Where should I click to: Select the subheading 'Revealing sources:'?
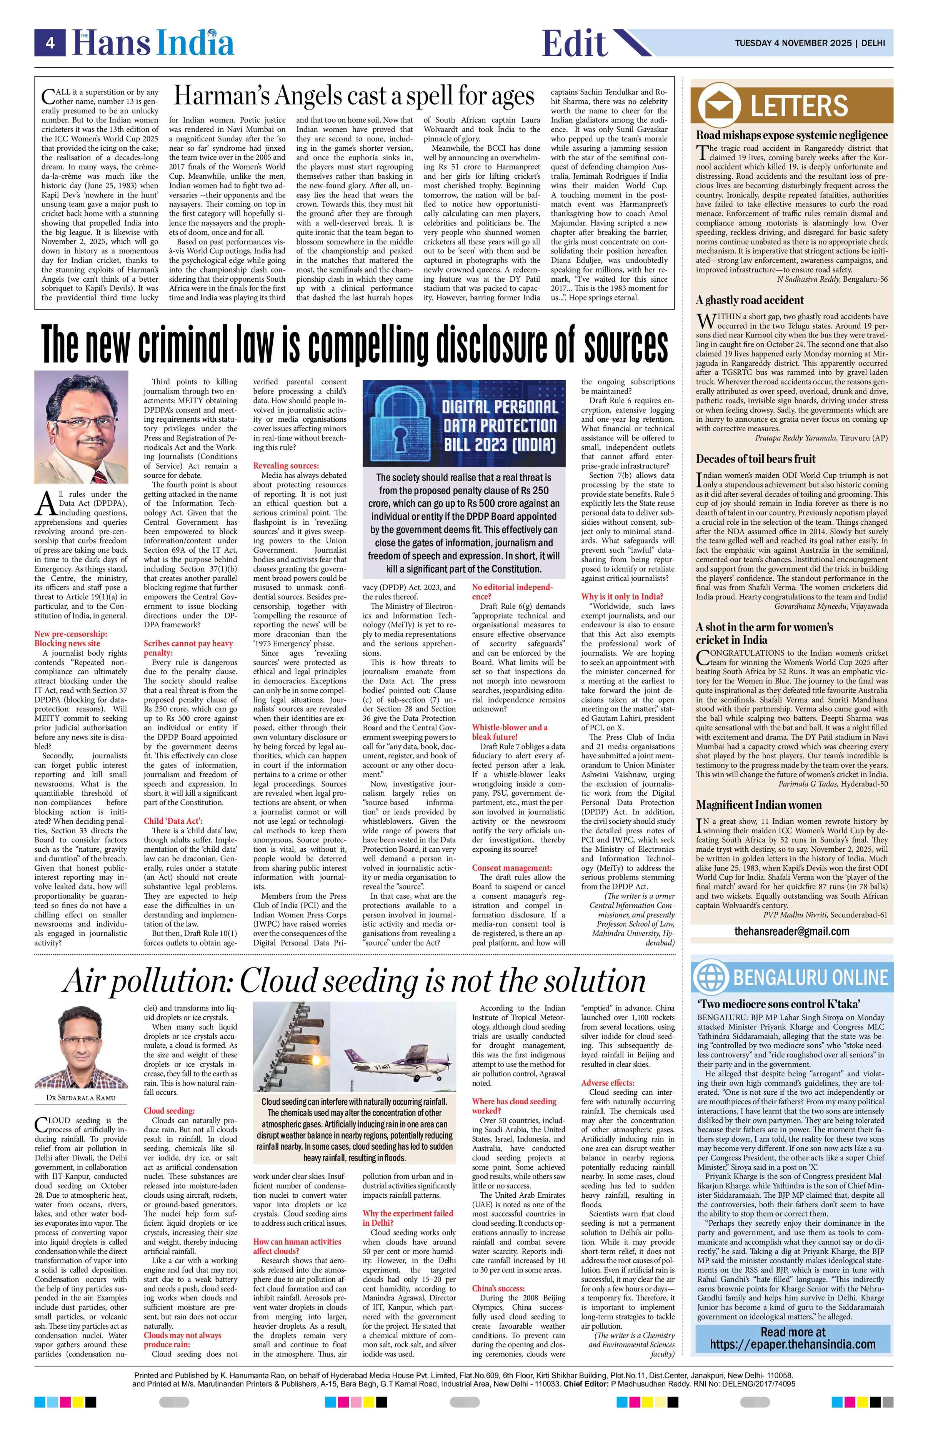click(286, 466)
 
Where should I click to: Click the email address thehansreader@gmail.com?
click(791, 931)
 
